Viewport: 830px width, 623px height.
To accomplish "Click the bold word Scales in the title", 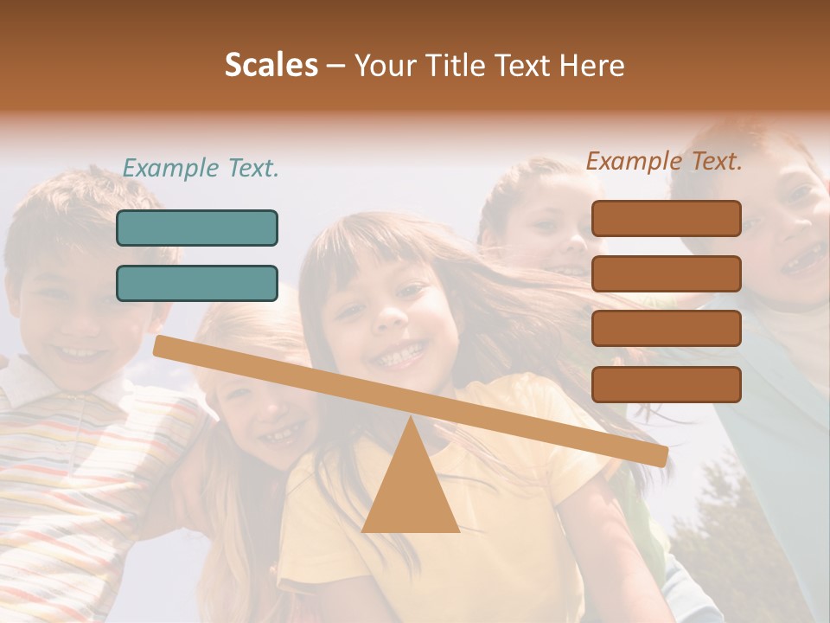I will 271,65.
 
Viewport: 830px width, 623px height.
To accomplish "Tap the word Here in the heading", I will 592,65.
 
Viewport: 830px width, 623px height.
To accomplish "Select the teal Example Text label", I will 201,168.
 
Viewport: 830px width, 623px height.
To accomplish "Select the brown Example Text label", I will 664,161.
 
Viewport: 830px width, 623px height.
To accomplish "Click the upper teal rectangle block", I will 197,228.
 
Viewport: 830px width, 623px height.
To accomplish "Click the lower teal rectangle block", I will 197,283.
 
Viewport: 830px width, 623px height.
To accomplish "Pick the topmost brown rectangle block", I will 666,218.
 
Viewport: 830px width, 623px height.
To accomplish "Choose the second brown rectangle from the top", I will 666,273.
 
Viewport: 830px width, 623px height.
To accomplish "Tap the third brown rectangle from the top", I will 666,329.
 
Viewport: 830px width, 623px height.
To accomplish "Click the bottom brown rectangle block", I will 666,384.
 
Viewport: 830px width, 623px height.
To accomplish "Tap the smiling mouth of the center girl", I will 399,355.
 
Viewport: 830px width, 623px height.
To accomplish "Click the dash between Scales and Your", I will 335,65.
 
